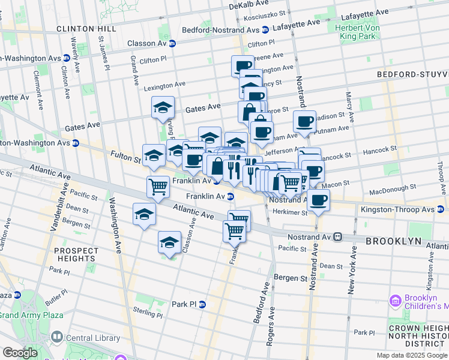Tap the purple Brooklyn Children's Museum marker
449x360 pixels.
pos(394,299)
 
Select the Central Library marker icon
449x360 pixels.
pos(56,338)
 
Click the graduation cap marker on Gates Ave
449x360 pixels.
pos(163,107)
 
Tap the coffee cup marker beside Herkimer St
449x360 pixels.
pos(319,200)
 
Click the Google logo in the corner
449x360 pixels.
pos(20,353)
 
